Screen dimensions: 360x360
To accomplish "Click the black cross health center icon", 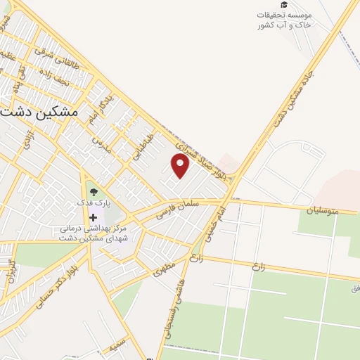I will [93, 218].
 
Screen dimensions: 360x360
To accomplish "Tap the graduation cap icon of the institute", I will [283, 5].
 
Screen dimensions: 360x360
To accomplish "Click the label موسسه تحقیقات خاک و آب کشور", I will [283, 20].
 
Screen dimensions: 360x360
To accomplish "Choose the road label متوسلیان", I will [323, 210].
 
